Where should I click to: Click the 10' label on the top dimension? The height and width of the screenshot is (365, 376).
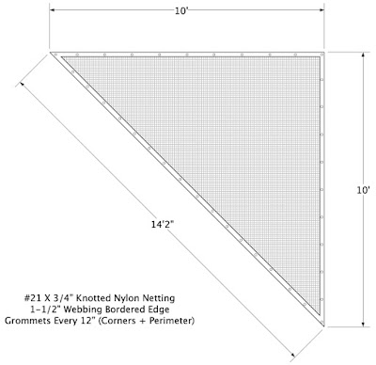[181, 11]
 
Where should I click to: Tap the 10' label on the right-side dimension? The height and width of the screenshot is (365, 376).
[364, 190]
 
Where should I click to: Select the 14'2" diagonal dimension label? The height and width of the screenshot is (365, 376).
[163, 225]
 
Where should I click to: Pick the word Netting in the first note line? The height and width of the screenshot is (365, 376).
[159, 298]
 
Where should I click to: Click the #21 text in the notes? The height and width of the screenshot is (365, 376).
[31, 297]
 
